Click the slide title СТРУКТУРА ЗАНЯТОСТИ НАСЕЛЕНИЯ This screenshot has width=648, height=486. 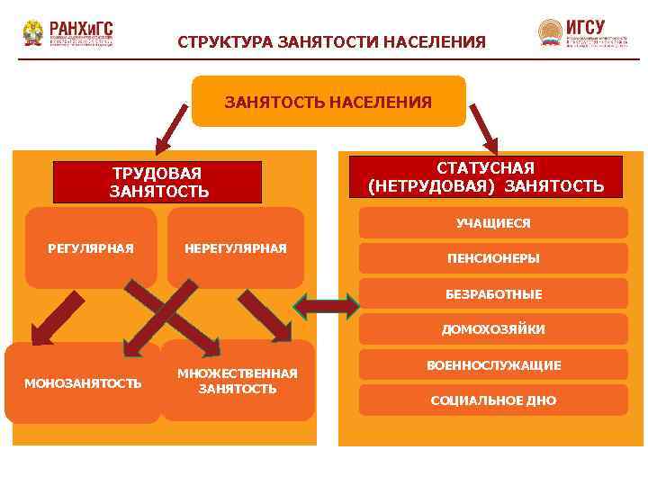[x=331, y=42]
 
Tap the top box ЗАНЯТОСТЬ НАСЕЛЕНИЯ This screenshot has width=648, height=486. [x=328, y=102]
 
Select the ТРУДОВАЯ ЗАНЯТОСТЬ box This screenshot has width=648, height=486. [x=158, y=182]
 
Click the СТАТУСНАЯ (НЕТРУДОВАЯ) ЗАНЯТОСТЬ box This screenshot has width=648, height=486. [x=486, y=177]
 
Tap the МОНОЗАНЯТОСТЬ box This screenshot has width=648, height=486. [x=83, y=383]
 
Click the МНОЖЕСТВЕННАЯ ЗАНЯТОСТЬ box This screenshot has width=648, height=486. [x=238, y=381]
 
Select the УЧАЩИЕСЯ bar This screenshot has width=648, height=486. [x=493, y=223]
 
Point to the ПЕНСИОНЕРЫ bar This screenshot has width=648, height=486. [x=493, y=258]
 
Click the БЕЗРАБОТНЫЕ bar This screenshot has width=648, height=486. [x=493, y=293]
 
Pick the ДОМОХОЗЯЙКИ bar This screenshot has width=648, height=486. [x=493, y=329]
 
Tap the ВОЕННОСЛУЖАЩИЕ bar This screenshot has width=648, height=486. [x=493, y=365]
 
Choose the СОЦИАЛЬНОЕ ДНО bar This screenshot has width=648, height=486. [x=493, y=400]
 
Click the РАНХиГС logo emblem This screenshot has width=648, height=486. [x=33, y=33]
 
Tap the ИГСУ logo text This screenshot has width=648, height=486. [x=586, y=27]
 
